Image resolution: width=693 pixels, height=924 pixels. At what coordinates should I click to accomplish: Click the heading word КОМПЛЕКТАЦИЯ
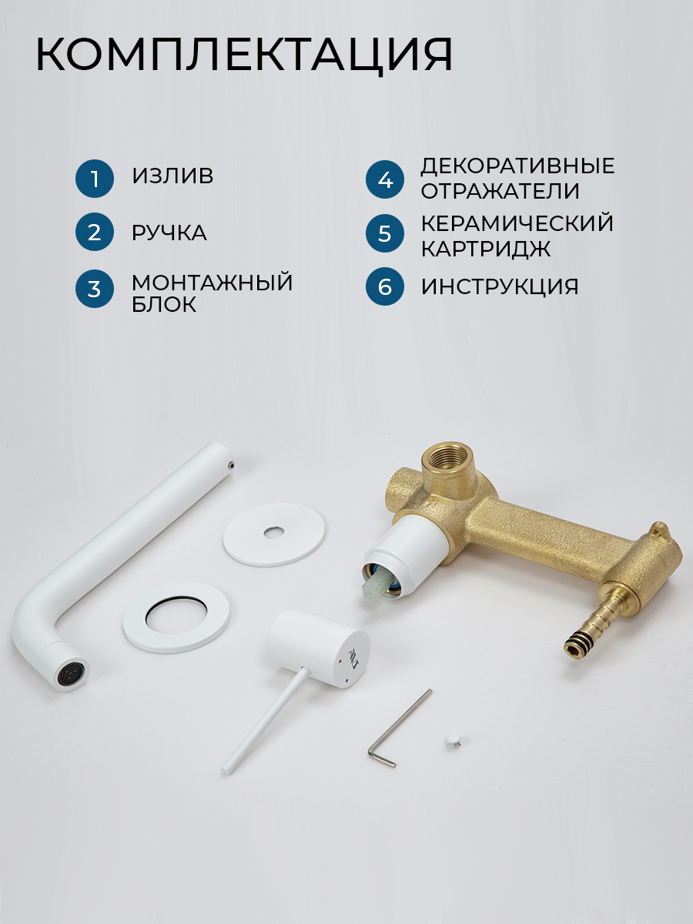[244, 55]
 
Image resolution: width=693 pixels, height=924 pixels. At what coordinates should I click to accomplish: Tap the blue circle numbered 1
[95, 179]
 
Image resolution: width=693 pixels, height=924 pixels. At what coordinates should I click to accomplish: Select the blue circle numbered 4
[385, 179]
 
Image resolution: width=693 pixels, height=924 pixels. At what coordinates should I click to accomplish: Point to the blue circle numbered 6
[385, 286]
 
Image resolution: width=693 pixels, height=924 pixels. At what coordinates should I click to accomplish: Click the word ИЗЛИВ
[172, 176]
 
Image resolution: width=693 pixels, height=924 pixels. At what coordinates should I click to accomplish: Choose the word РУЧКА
[169, 233]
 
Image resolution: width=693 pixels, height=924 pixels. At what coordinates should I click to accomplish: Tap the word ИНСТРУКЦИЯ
[500, 286]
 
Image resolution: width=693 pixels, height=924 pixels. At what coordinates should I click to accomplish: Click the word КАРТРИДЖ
[486, 249]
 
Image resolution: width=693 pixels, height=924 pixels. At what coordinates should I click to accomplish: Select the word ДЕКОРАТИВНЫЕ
[518, 166]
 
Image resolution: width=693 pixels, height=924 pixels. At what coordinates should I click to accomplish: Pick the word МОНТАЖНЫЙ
[212, 282]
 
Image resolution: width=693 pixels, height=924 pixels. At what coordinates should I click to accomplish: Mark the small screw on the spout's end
[231, 464]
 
